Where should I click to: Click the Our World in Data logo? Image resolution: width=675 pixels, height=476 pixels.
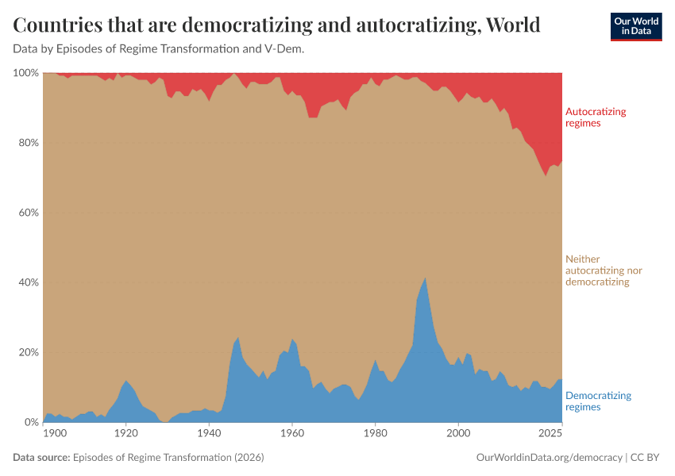coord(635,26)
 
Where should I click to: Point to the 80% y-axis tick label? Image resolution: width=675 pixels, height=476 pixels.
coord(28,143)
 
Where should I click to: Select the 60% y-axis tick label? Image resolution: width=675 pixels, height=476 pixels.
coord(28,213)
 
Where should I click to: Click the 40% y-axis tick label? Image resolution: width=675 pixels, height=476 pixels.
coord(28,282)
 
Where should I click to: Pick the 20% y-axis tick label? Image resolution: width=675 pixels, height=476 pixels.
coord(28,352)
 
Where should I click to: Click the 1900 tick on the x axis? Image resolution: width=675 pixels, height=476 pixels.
coord(55,433)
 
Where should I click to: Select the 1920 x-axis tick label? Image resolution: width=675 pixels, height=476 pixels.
coord(126,433)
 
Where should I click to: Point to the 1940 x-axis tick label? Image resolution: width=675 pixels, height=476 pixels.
coord(209,433)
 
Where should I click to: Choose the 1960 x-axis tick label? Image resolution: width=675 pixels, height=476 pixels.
coord(292,433)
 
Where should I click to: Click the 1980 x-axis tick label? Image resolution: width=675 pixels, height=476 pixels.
coord(376,433)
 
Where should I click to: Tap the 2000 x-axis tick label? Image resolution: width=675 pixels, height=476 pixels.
coord(458,433)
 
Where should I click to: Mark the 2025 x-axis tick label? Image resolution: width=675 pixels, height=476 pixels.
coord(550,433)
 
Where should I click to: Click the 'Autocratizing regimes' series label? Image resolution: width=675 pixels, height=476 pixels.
coord(595,117)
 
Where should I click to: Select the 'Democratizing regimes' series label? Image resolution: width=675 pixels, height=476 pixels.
coord(597,401)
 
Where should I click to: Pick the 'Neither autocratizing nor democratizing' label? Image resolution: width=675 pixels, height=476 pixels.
coord(603,270)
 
